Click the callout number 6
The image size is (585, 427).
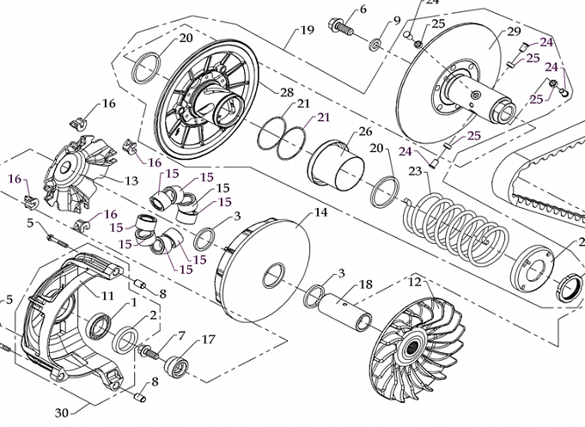[363, 9]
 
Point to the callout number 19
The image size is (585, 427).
[306, 32]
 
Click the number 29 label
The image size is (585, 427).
[515, 32]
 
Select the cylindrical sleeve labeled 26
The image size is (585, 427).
[337, 163]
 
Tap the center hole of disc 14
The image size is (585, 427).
[272, 278]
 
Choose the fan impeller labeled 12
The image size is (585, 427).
[417, 344]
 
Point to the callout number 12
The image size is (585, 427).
[413, 282]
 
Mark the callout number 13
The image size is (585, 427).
[131, 180]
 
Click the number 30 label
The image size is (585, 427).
[61, 412]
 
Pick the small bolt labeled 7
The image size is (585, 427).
[149, 350]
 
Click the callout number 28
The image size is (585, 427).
[287, 92]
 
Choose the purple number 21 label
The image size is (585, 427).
[323, 117]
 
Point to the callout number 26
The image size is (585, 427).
[365, 132]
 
